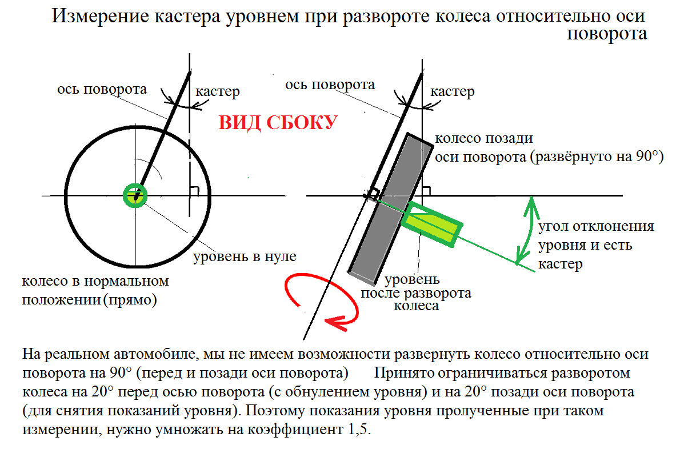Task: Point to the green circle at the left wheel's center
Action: [135, 195]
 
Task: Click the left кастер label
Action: [217, 91]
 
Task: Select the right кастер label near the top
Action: [452, 91]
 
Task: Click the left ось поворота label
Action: [102, 89]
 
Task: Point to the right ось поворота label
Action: [330, 85]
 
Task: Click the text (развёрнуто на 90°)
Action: [597, 158]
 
